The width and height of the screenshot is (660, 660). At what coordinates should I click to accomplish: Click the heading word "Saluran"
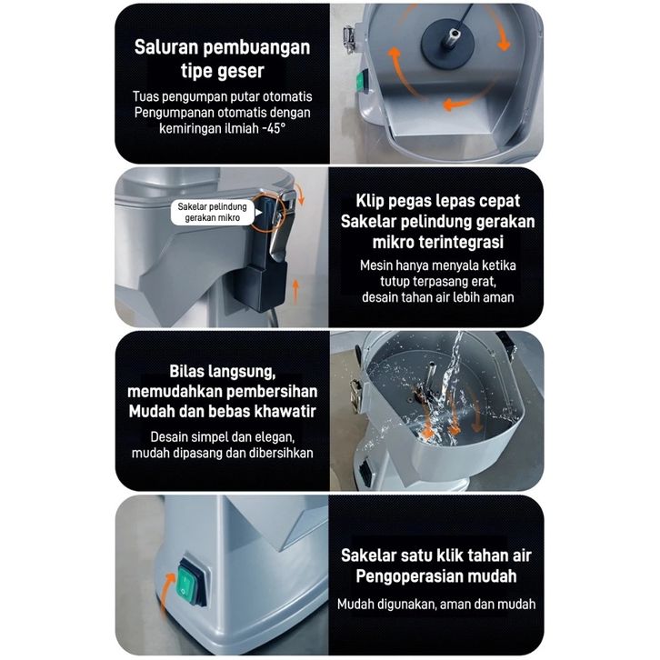click(166, 46)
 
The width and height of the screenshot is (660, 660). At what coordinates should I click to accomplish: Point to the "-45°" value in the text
click(274, 128)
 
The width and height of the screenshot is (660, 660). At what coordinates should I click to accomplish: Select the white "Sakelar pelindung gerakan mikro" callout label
click(212, 212)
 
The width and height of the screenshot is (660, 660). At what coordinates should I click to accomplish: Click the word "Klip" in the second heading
click(370, 201)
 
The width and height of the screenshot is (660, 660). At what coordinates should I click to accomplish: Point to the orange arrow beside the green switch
click(167, 590)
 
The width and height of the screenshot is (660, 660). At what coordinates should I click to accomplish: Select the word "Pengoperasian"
click(401, 576)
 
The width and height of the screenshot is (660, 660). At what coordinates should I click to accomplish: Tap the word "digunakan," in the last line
click(406, 605)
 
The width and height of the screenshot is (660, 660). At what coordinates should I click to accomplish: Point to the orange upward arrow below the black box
click(295, 291)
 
